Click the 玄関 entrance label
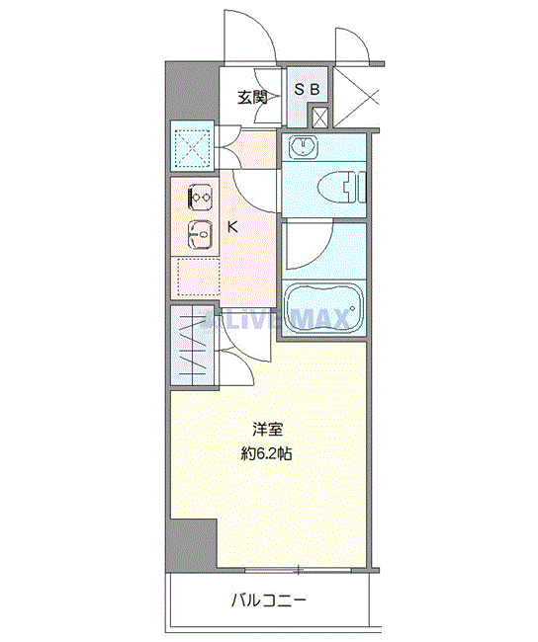(252, 98)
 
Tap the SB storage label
(308, 89)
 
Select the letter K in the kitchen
(233, 226)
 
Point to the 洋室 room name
(267, 430)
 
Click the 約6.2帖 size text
(266, 453)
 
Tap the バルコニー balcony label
(269, 602)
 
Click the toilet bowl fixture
(341, 188)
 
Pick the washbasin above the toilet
(304, 147)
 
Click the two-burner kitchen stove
(200, 198)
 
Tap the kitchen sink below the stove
(200, 234)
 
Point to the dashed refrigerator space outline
(199, 277)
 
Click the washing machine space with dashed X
(192, 146)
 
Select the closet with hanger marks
(194, 345)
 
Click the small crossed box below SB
(319, 118)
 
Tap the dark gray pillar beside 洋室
(193, 542)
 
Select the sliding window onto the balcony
(298, 570)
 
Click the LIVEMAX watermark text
(276, 319)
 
